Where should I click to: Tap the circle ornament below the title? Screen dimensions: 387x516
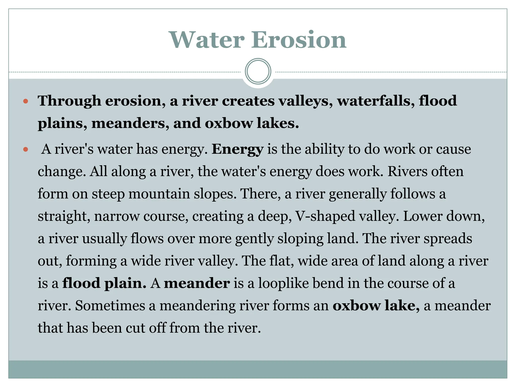(258, 71)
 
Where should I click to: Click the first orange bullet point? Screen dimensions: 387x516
(25, 102)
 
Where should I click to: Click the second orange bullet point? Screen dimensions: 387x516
(25, 149)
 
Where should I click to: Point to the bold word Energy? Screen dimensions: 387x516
(238, 149)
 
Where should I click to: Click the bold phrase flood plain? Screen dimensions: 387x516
(104, 283)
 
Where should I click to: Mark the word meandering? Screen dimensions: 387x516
(197, 306)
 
